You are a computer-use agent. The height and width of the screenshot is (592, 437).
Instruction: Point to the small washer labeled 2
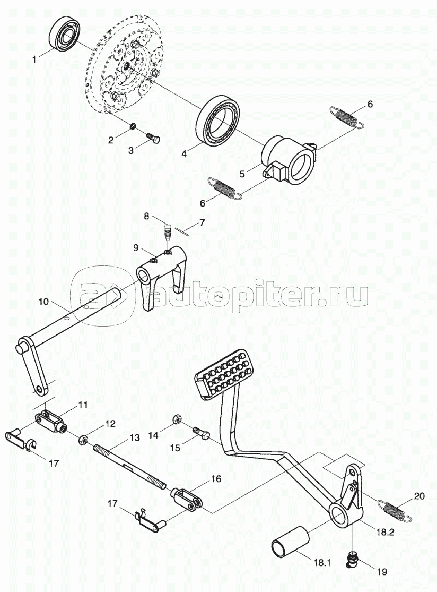(x=133, y=126)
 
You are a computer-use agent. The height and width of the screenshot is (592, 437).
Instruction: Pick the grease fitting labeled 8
(x=168, y=232)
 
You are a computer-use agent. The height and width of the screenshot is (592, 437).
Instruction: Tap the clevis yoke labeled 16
(x=188, y=498)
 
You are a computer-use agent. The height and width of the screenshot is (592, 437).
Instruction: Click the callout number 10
(x=43, y=301)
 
